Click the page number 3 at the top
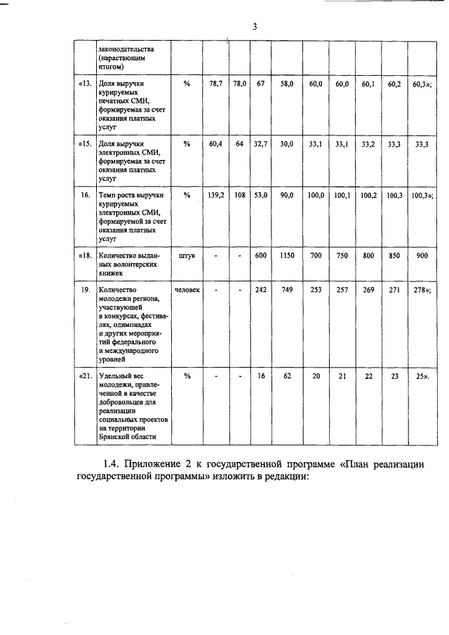pyautogui.click(x=255, y=27)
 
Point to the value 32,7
pyautogui.click(x=260, y=145)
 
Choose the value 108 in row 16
pyautogui.click(x=239, y=195)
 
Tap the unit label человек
pyautogui.click(x=187, y=289)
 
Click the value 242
pyautogui.click(x=260, y=289)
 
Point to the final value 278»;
pyautogui.click(x=422, y=289)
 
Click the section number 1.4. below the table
pyautogui.click(x=112, y=464)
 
